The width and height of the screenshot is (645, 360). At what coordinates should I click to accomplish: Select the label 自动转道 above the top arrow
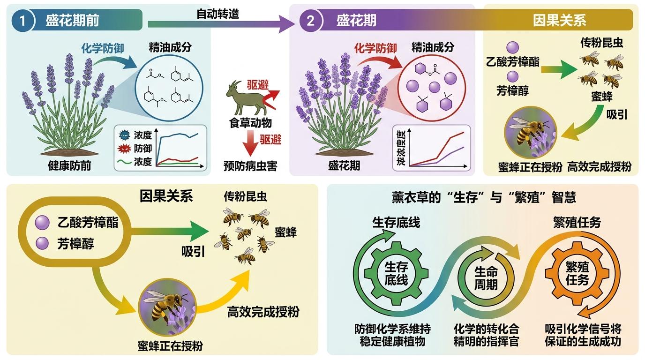click(x=217, y=14)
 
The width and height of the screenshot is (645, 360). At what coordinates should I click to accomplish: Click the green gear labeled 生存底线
click(x=396, y=273)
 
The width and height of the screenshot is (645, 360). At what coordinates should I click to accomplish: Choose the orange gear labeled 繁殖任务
click(x=577, y=273)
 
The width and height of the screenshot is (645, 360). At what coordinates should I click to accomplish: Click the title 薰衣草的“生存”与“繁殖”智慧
click(x=483, y=197)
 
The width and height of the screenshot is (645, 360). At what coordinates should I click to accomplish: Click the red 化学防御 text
click(x=375, y=48)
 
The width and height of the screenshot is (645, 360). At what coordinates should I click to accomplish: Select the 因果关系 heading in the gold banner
click(x=559, y=21)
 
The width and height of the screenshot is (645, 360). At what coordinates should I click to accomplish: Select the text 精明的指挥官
click(x=486, y=341)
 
